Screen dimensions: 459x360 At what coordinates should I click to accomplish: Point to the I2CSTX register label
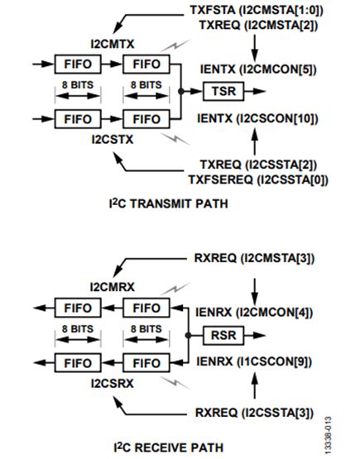pos(113,138)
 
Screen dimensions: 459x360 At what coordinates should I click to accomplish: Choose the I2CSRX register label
pos(113,384)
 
